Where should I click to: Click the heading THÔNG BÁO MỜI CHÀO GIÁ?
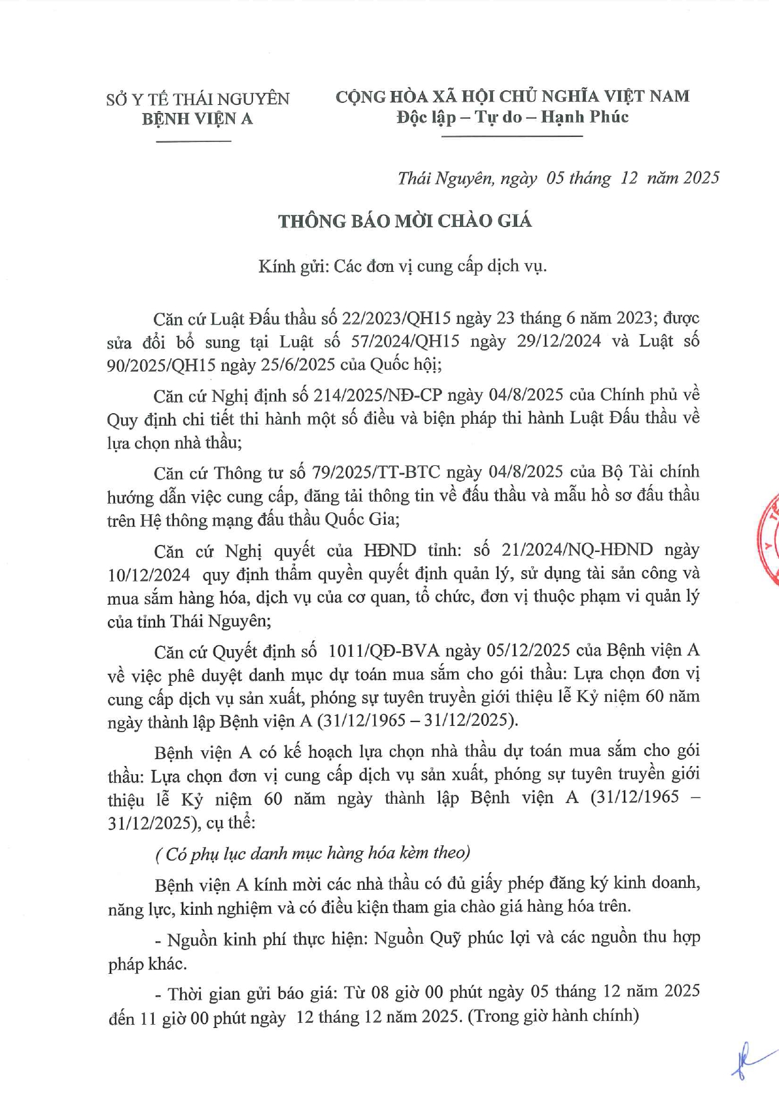pyautogui.click(x=405, y=221)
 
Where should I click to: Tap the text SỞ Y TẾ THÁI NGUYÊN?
pyautogui.click(x=198, y=99)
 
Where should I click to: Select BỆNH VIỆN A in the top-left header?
pyautogui.click(x=197, y=119)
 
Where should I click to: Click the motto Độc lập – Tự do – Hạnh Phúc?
pyautogui.click(x=512, y=117)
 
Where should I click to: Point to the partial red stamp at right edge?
pyautogui.click(x=769, y=540)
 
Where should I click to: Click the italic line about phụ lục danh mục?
pyautogui.click(x=313, y=853)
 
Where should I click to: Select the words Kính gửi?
pyautogui.click(x=293, y=267)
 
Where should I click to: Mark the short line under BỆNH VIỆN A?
pyautogui.click(x=193, y=141)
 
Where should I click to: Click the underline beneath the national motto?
pyautogui.click(x=512, y=136)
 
